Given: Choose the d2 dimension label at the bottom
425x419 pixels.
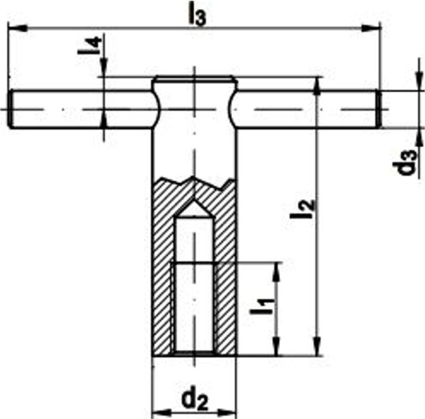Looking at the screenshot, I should pyautogui.click(x=193, y=399).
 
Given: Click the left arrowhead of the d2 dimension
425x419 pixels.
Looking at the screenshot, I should pyautogui.click(x=158, y=412).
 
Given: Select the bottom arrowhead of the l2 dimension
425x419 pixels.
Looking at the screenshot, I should pyautogui.click(x=317, y=349).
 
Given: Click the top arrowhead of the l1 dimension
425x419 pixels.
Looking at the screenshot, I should pyautogui.click(x=276, y=269).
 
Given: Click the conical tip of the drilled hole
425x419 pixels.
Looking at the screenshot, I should pyautogui.click(x=194, y=208).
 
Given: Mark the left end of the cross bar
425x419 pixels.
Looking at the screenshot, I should pyautogui.click(x=12, y=110).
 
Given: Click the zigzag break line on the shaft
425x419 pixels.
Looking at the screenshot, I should pyautogui.click(x=194, y=180).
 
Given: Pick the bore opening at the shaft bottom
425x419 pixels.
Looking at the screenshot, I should pyautogui.click(x=194, y=353).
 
